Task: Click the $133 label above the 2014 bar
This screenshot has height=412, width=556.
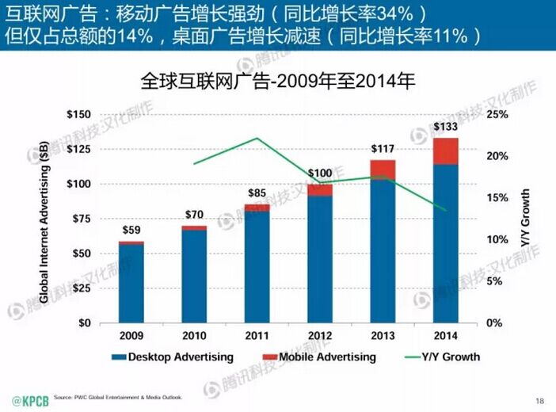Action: click(x=447, y=128)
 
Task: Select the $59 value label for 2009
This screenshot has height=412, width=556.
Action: click(x=131, y=231)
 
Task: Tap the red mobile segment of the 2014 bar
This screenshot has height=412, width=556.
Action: click(x=447, y=151)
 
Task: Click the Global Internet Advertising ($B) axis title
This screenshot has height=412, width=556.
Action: click(x=45, y=218)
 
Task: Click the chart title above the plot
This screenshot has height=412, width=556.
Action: click(x=277, y=81)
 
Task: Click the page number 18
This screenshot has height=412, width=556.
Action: click(x=540, y=400)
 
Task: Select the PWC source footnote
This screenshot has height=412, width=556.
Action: click(x=122, y=397)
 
